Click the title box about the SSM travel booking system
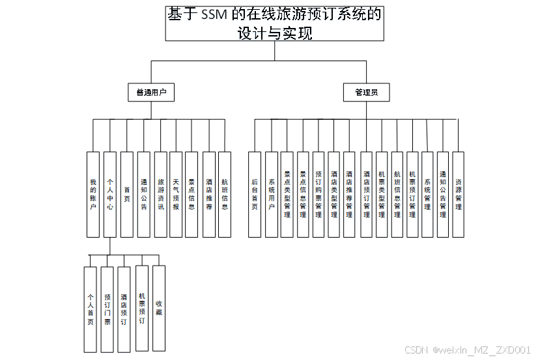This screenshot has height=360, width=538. click(274, 23)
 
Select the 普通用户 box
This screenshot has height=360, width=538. click(151, 92)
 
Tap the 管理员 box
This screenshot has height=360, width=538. click(367, 92)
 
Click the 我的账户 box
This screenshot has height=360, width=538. click(94, 194)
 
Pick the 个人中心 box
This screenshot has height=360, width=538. click(110, 194)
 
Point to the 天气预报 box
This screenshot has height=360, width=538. click(176, 194)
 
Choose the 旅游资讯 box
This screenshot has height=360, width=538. click(161, 194)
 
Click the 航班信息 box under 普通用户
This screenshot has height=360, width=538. click(225, 194)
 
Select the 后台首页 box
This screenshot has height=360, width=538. click(255, 194)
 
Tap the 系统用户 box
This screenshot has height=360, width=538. click(272, 194)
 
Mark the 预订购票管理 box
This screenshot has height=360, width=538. click(319, 194)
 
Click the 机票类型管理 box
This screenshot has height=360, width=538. click(382, 194)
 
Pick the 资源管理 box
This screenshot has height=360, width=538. click(459, 194)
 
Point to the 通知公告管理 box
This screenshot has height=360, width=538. click(443, 194)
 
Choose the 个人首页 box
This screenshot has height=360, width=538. click(91, 309)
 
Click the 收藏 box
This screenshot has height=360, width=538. click(159, 307)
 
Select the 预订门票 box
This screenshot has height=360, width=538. click(107, 309)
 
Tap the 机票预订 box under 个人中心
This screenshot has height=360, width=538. click(142, 307)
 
